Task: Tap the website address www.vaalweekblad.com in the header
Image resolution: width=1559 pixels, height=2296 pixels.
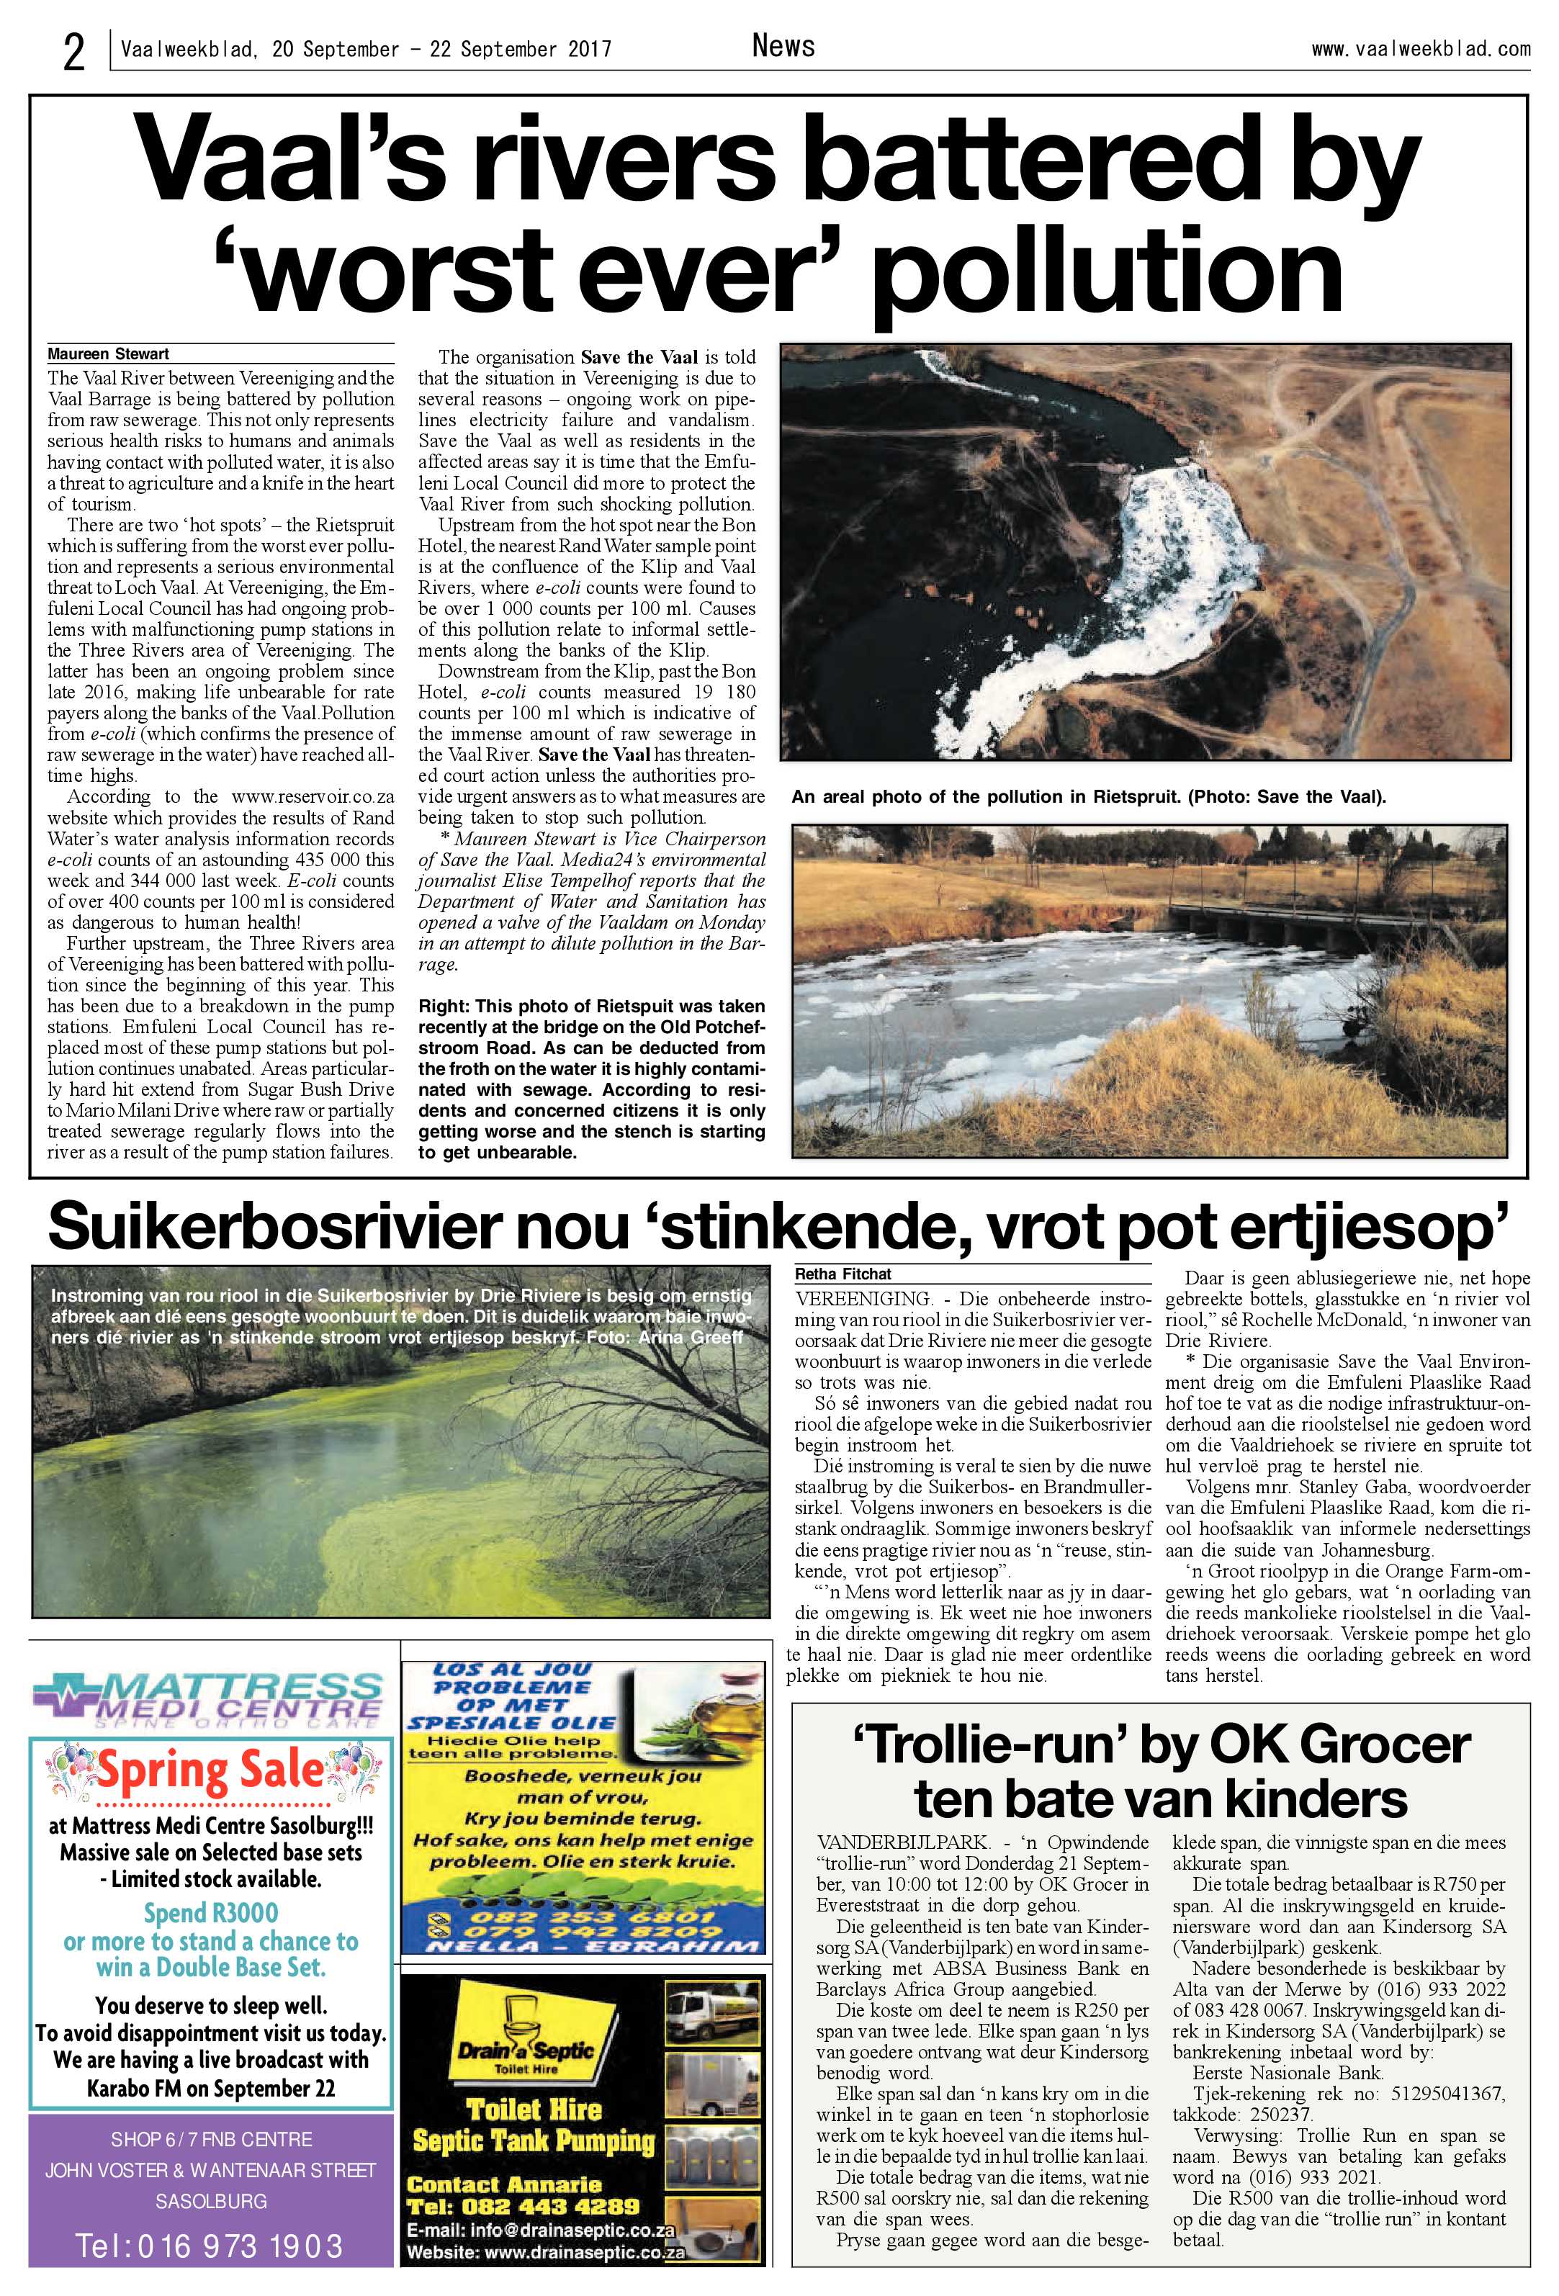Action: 1421,48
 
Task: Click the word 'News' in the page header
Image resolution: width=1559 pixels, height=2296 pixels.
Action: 783,45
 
